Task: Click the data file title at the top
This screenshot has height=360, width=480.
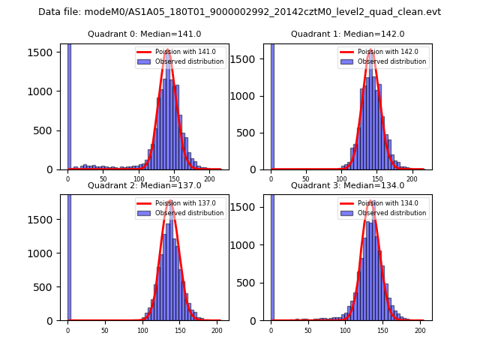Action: coord(239,12)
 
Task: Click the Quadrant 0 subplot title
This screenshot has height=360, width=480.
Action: coord(144,34)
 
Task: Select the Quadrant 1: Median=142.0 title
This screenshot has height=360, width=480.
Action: coord(347,34)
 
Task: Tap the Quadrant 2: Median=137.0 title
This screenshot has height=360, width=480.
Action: coord(144,185)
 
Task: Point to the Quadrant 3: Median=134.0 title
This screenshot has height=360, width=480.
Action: coord(347,185)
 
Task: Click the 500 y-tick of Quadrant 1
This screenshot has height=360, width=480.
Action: coord(252,132)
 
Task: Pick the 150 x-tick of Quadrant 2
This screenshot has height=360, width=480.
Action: coord(179,330)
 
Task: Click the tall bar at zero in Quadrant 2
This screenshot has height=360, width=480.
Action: coord(69,255)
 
